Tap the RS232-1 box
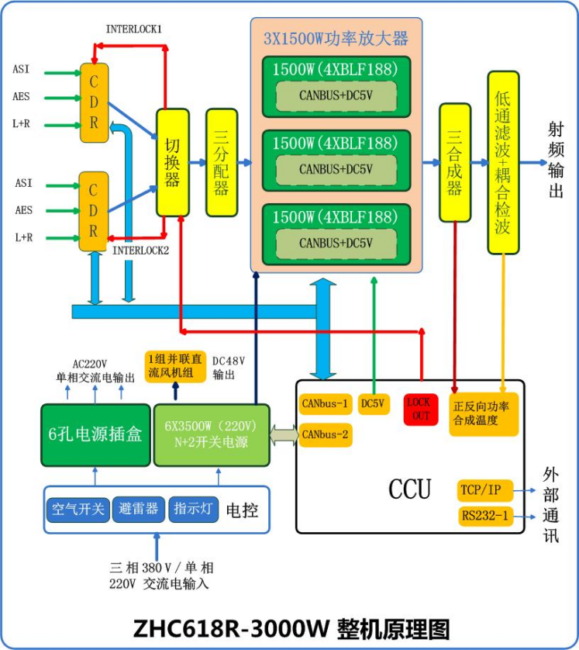click(485, 516)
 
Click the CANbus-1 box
click(326, 404)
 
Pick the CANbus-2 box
click(326, 434)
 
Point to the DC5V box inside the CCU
click(374, 404)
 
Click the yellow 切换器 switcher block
click(173, 162)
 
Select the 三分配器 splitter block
click(222, 162)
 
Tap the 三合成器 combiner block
click(455, 162)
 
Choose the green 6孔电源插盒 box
click(95, 434)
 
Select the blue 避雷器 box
click(140, 509)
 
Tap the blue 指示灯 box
click(194, 509)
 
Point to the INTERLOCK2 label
click(140, 251)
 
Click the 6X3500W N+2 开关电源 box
click(211, 434)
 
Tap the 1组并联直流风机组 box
click(175, 366)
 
